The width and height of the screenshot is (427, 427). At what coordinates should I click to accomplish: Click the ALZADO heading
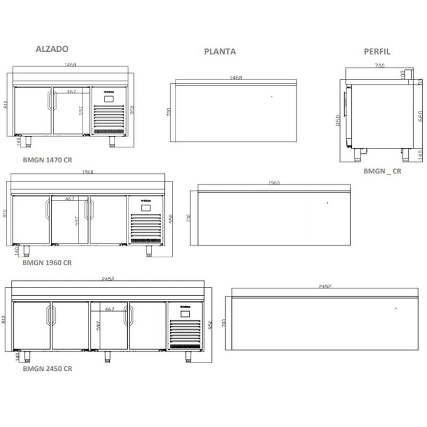tap(52, 49)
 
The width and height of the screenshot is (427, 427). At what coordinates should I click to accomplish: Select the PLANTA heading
tap(220, 52)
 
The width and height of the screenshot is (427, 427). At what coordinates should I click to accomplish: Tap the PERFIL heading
tap(377, 52)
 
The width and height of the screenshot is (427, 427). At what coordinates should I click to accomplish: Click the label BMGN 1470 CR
tap(47, 159)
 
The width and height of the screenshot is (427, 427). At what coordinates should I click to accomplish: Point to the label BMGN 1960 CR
tap(47, 263)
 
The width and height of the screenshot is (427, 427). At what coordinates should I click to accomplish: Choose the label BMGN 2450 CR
tap(48, 368)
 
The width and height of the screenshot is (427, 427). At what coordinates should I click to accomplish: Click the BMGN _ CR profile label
tap(382, 171)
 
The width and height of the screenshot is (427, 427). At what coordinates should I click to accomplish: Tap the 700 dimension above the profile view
tap(379, 66)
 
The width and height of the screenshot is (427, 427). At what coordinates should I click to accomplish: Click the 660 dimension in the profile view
tap(421, 116)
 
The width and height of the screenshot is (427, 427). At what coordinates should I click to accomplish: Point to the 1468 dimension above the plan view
tap(235, 78)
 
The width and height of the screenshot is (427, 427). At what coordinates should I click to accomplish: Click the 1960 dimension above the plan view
tap(273, 183)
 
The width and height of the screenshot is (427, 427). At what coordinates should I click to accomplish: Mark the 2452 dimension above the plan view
tap(325, 287)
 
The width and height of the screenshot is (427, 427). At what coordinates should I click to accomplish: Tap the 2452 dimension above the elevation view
tap(109, 279)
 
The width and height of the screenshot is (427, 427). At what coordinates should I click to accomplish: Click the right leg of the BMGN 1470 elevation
tap(113, 141)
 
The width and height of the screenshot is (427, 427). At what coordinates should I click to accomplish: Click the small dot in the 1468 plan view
tap(271, 97)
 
